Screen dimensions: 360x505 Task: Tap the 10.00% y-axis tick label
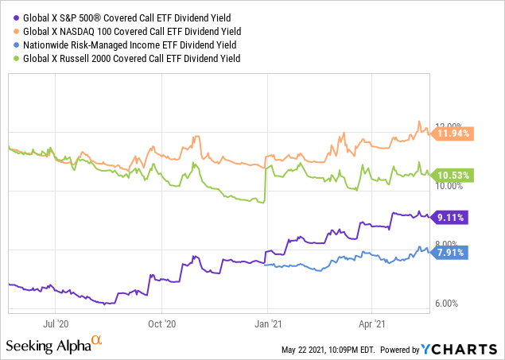[449, 186]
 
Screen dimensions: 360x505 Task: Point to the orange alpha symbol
[97, 341]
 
